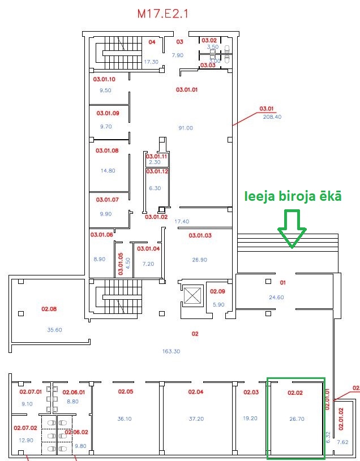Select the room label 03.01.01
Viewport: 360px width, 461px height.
pyautogui.click(x=186, y=89)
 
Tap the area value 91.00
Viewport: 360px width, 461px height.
pyautogui.click(x=186, y=128)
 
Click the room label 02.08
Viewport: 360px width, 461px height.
pyautogui.click(x=49, y=309)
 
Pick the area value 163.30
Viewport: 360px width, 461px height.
pyautogui.click(x=171, y=351)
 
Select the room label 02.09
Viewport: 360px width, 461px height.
pyautogui.click(x=217, y=291)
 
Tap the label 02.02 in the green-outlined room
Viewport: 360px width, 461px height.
pyautogui.click(x=296, y=392)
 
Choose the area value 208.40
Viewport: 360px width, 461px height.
pyautogui.click(x=272, y=117)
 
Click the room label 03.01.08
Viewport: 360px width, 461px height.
pyautogui.click(x=107, y=150)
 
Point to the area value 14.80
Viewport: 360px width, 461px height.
pyautogui.click(x=108, y=170)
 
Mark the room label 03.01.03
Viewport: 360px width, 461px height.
pyautogui.click(x=200, y=235)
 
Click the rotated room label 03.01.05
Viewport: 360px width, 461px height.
pyautogui.click(x=120, y=264)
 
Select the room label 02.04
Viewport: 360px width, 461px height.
pyautogui.click(x=196, y=391)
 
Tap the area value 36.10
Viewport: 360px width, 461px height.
pyautogui.click(x=125, y=419)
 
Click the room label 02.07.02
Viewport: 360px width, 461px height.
pyautogui.click(x=25, y=428)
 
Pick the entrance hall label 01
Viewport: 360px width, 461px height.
pyautogui.click(x=283, y=282)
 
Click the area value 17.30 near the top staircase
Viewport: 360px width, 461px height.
pyautogui.click(x=151, y=62)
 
